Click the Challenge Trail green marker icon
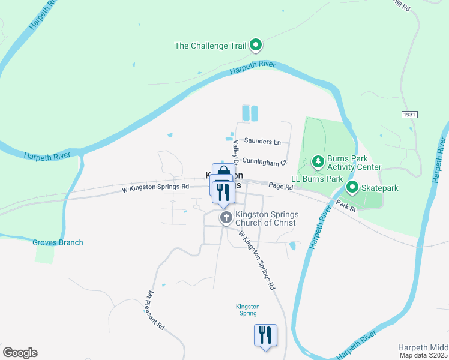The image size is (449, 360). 255,44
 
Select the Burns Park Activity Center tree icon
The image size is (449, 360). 318,161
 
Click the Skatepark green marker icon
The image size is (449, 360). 353,188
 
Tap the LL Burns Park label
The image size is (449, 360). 317,179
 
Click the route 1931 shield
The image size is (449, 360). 408,113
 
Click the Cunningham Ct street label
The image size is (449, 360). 265,163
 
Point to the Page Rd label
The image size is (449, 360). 280,187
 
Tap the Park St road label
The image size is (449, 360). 346,207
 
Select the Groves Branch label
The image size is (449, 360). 58,242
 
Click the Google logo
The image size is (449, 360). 20,353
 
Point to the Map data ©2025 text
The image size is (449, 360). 424,356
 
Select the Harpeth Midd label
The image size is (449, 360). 423,347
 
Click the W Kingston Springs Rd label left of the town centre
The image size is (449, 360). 155,187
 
